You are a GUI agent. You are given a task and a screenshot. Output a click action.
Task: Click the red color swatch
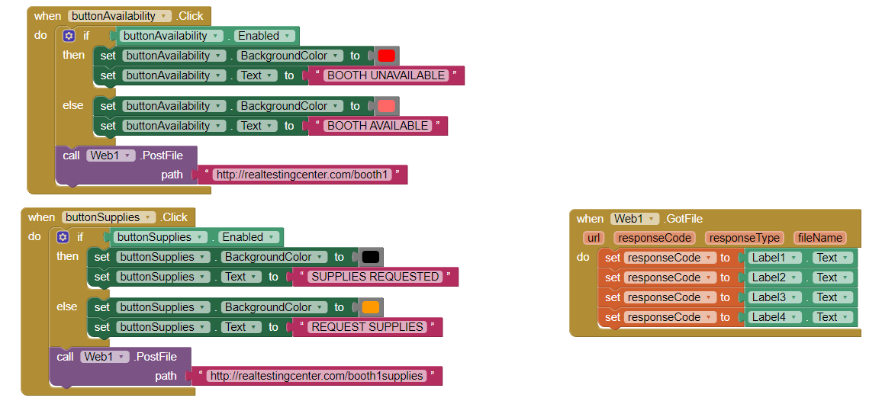[x=387, y=56]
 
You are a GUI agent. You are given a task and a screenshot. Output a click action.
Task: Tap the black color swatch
[x=371, y=257]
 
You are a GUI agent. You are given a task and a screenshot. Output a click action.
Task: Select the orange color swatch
[x=371, y=307]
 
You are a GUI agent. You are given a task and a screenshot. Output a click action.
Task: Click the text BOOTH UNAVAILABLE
[x=386, y=75]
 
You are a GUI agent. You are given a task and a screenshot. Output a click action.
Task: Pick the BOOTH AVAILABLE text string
[x=378, y=126]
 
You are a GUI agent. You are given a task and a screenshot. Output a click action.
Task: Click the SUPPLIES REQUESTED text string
[x=375, y=277]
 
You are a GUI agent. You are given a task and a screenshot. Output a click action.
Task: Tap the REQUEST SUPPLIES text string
[x=368, y=327]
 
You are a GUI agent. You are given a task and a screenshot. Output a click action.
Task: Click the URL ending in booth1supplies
[x=316, y=376]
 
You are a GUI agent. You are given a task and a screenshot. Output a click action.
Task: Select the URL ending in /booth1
[x=303, y=175]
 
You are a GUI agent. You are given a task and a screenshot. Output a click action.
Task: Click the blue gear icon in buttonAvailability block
[x=69, y=36]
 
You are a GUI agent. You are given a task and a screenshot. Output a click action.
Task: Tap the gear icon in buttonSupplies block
[x=63, y=237]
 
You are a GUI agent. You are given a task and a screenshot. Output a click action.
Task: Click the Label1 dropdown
[x=774, y=258]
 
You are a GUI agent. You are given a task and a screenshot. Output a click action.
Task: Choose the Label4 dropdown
[x=774, y=317]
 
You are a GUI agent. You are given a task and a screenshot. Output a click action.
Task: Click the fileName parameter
[x=819, y=238]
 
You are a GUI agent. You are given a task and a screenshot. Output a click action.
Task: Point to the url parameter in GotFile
[x=594, y=238]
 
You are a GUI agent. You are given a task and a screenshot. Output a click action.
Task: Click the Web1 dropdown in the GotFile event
[x=634, y=219]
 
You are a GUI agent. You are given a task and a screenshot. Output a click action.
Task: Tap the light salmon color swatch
[x=387, y=106]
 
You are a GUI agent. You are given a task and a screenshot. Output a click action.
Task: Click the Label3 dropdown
[x=774, y=297]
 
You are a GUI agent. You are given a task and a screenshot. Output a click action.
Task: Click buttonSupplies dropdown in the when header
[x=108, y=217]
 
